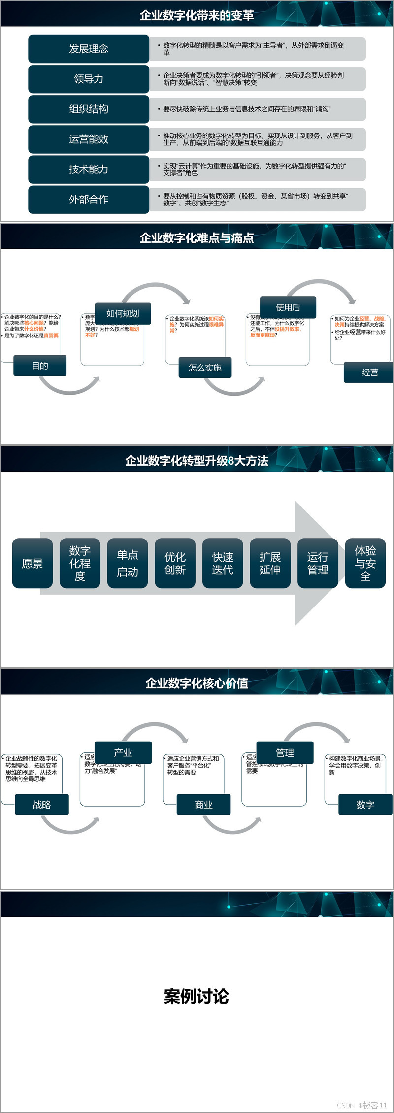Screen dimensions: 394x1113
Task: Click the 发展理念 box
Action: (89, 49)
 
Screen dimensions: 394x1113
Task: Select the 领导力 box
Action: (89, 79)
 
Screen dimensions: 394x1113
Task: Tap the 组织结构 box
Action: (89, 109)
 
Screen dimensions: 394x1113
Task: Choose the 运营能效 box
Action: (89, 139)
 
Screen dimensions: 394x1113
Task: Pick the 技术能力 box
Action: (89, 169)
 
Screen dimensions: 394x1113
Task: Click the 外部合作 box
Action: (89, 199)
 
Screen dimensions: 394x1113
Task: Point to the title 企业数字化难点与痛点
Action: (197, 238)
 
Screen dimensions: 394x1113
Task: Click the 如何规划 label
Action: (123, 313)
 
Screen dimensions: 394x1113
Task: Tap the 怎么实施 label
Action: (205, 368)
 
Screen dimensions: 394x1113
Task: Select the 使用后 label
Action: (288, 307)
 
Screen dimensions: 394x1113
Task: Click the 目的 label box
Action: (40, 366)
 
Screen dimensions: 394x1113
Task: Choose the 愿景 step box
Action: (33, 563)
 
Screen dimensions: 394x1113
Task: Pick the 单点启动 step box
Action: (128, 563)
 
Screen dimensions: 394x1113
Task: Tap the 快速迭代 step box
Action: (223, 563)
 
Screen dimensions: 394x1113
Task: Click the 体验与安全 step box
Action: (365, 563)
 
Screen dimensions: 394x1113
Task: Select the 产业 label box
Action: (123, 752)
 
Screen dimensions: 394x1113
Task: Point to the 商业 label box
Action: (203, 805)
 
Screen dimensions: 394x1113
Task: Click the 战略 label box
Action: (42, 805)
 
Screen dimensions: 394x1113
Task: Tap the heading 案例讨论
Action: (197, 996)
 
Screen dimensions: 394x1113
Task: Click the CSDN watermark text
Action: (362, 1105)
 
